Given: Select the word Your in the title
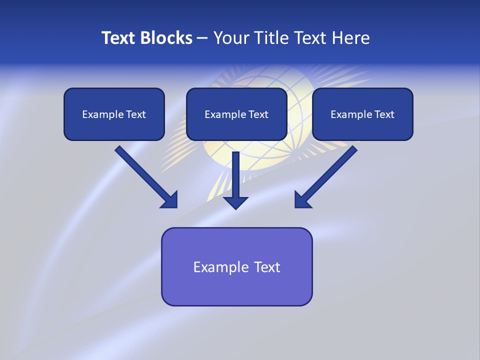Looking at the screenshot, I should click(231, 38).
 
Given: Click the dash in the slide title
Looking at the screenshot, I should click(202, 38).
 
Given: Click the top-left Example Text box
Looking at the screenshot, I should click(114, 114).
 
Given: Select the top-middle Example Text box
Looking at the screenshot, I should click(236, 114).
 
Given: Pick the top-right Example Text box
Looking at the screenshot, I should click(362, 114).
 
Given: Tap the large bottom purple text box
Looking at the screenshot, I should click(236, 266).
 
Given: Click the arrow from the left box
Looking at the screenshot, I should click(145, 176).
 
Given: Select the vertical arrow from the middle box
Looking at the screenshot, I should click(235, 177).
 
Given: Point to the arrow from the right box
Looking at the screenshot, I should click(327, 175).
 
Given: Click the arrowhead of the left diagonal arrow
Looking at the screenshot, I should click(170, 200).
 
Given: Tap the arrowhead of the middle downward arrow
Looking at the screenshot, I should click(235, 202).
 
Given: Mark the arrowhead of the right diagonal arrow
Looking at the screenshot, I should click(302, 200).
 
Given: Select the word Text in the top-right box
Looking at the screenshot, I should click(384, 114).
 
